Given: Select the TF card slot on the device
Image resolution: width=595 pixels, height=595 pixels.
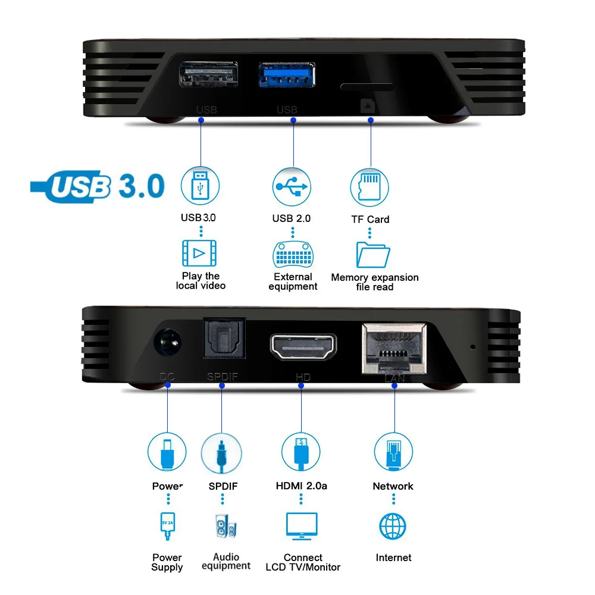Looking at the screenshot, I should pos(367,87).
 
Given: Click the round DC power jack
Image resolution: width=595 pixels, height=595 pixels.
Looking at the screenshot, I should pos(167,344).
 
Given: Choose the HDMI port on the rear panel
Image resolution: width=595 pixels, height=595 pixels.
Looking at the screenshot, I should pos(303,347).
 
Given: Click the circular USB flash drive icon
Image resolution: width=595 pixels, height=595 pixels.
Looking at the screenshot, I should pos(201,186).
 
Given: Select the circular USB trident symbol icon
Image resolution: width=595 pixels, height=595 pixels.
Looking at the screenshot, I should pos(292,186).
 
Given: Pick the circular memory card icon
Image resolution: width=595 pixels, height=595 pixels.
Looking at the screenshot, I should pos(369,186).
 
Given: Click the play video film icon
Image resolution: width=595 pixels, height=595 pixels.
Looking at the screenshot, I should pos(199,253).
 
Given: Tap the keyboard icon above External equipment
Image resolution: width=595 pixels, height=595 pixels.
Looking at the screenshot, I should pos(292,255).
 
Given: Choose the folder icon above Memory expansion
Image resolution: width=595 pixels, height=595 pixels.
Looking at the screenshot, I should pos(373,255).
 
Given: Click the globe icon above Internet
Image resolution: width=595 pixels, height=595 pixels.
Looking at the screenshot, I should pos(393,527).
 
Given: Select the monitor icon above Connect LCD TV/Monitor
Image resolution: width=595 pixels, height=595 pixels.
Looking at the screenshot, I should pos(302,527).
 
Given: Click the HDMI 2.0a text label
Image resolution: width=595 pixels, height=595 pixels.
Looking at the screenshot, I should pos(302,486).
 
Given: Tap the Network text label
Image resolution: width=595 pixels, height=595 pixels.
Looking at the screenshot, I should pos(393,486).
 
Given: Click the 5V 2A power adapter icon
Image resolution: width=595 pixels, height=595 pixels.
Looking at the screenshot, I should pos(167,527).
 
